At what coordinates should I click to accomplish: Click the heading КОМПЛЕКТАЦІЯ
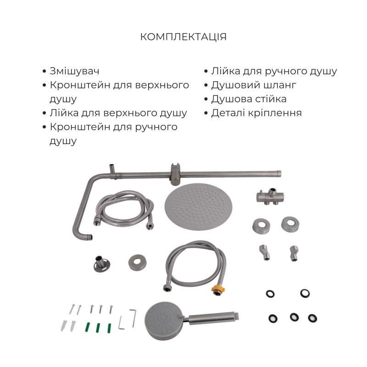pos(183,37)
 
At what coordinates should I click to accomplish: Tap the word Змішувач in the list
pos(74,71)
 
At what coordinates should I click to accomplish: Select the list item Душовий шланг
pos(254,85)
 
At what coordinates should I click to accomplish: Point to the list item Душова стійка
pos(249,99)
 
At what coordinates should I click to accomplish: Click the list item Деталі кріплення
pos(256,113)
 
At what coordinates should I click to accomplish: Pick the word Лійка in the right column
pos(226,71)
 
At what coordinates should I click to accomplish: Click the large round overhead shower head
pos(198,207)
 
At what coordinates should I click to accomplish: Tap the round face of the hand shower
pos(164,321)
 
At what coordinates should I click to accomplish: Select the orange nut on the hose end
pos(217,289)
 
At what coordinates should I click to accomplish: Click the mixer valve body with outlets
pos(270,197)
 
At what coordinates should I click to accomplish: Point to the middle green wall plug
pos(98,328)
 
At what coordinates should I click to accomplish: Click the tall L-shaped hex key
pos(133,318)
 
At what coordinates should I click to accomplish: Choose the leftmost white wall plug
pos(64,326)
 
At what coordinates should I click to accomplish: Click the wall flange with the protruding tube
pos(101,264)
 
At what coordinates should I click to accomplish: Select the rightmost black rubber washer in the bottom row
pos(312,318)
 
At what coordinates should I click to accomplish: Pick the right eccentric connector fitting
pos(294,253)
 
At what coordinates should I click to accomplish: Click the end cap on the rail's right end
pos(279,173)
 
